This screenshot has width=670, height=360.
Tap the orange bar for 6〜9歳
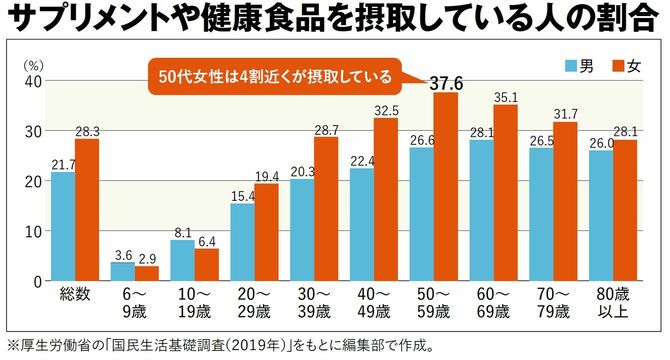[x=147, y=273]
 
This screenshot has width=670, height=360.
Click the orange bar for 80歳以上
[x=625, y=211]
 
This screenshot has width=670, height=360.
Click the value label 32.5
[x=387, y=109]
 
